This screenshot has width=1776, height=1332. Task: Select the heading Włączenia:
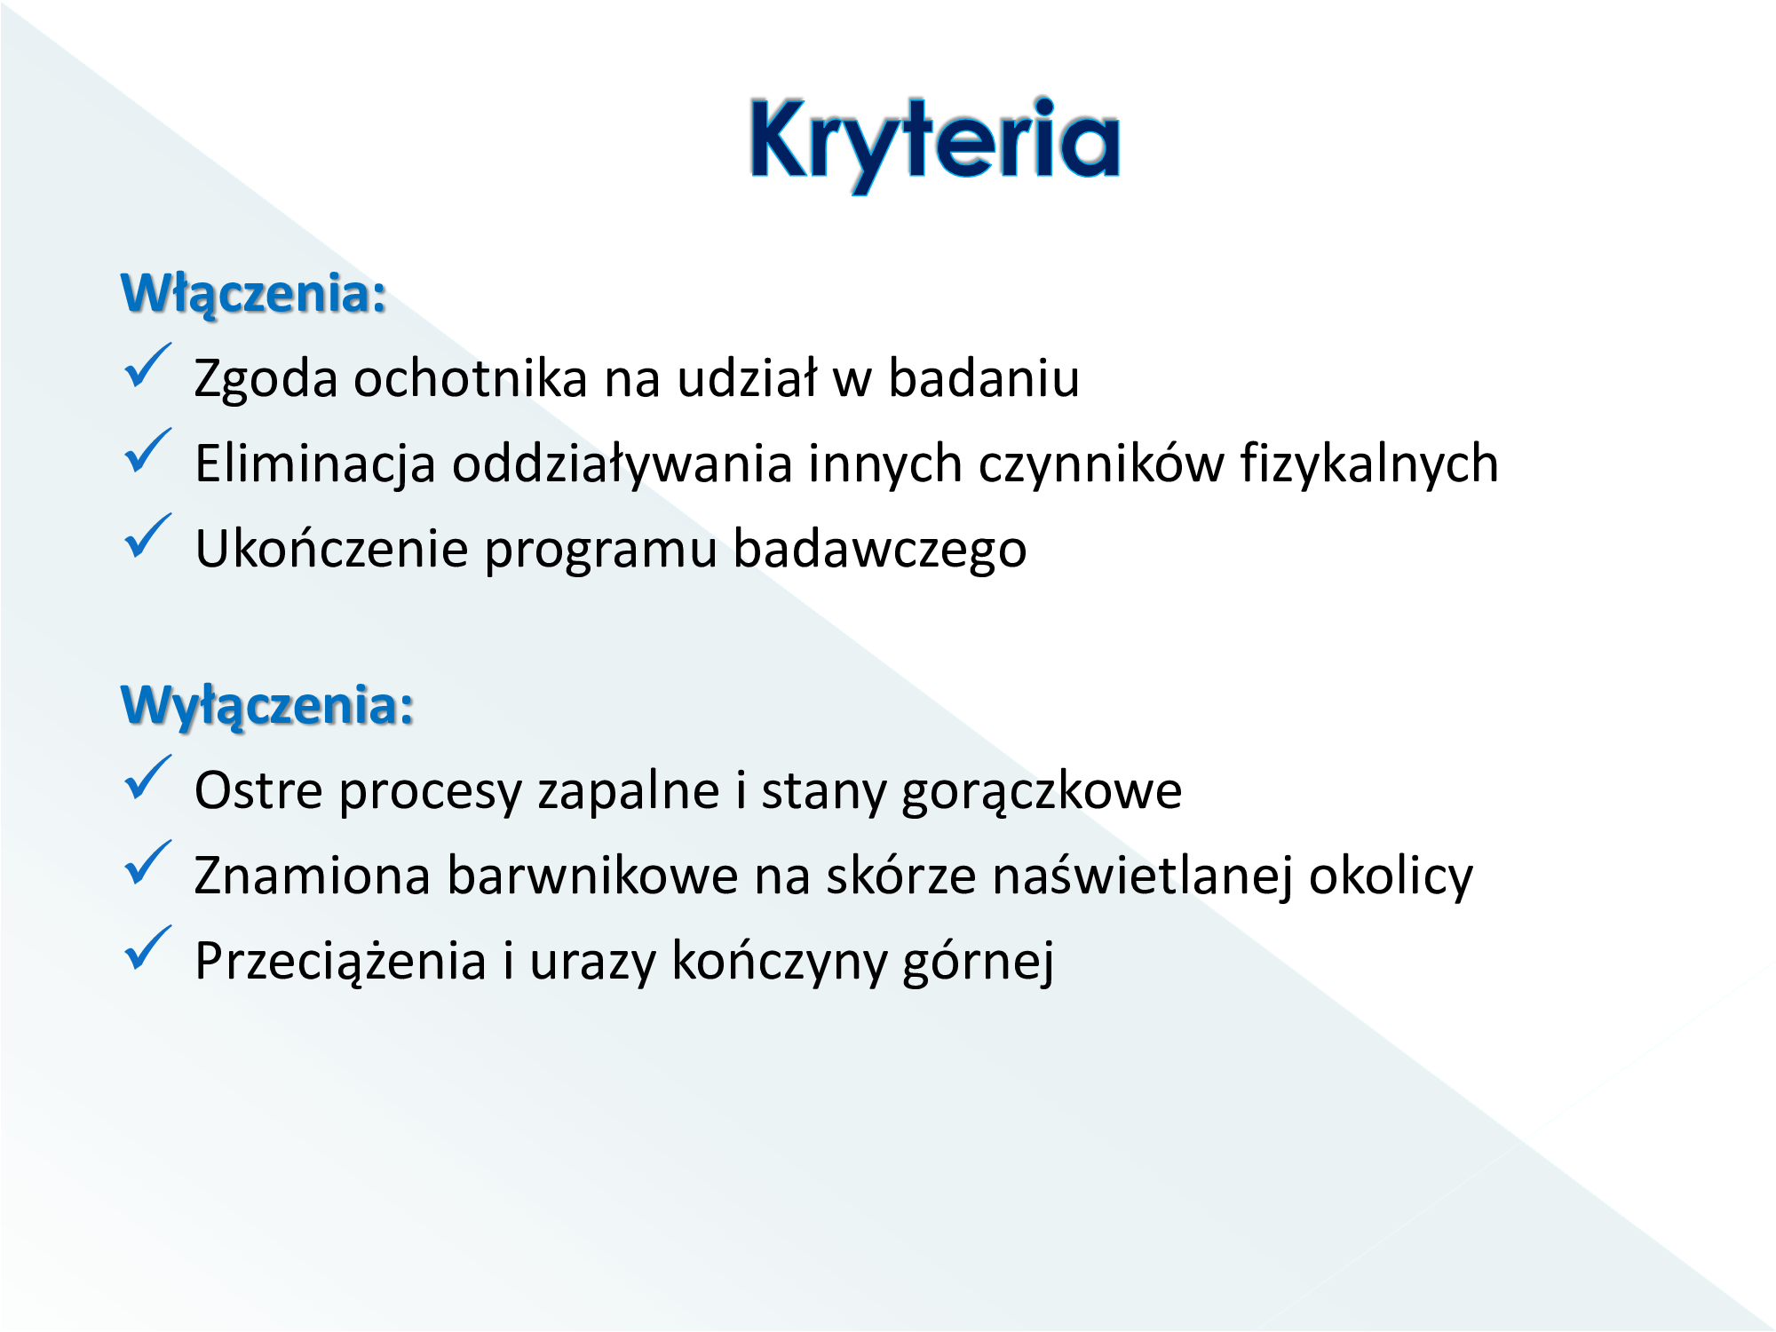254,293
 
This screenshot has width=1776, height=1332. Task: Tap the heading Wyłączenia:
267,706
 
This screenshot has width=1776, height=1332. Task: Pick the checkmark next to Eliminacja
147,451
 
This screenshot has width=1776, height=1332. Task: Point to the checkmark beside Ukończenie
147,536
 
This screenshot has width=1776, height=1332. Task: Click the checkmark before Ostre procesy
147,778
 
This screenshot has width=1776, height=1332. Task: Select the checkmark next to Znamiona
147,863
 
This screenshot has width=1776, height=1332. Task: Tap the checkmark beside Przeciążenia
147,948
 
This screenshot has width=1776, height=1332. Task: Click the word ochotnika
471,378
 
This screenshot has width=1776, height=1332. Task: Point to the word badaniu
984,378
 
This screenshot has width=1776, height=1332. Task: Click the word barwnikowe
592,876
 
